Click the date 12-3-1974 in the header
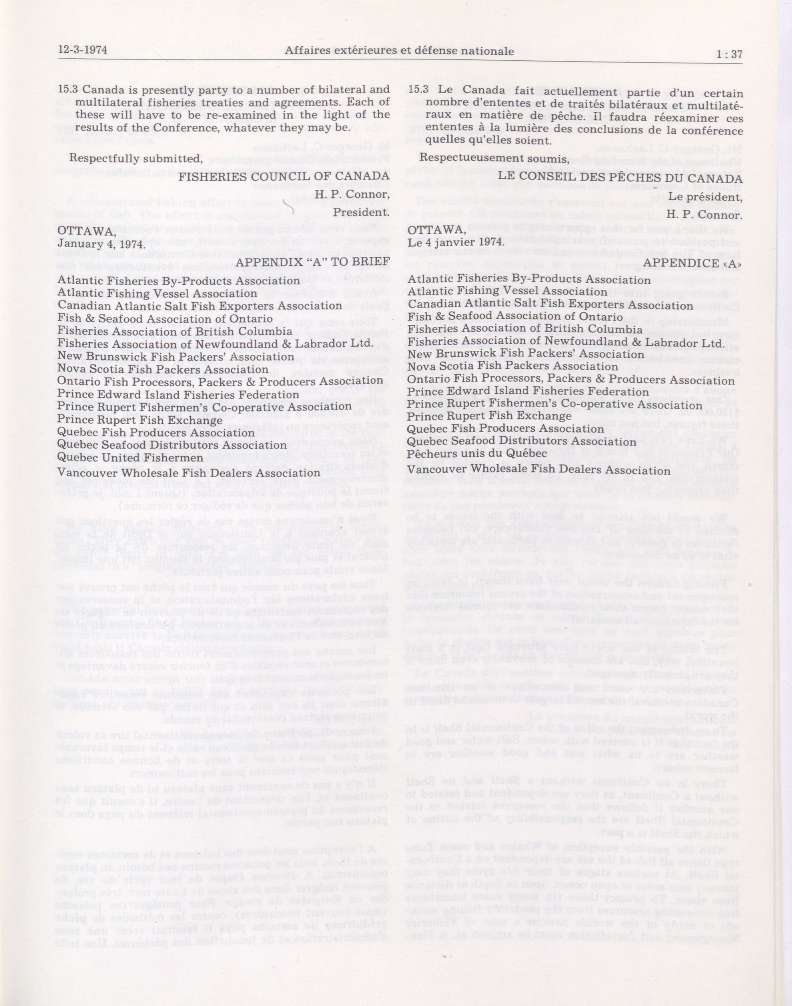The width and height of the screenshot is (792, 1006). coord(83,50)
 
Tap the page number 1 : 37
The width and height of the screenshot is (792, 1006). coord(729,54)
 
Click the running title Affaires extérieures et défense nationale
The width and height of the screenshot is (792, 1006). coord(399,51)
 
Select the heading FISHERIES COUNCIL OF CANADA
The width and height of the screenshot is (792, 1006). coord(284,176)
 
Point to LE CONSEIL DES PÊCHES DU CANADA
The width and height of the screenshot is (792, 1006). coord(620,178)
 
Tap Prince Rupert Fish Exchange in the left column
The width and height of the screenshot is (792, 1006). coord(140,420)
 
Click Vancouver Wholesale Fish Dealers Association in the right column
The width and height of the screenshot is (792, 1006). coord(538,471)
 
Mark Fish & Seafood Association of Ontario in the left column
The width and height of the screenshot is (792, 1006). coord(165,319)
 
